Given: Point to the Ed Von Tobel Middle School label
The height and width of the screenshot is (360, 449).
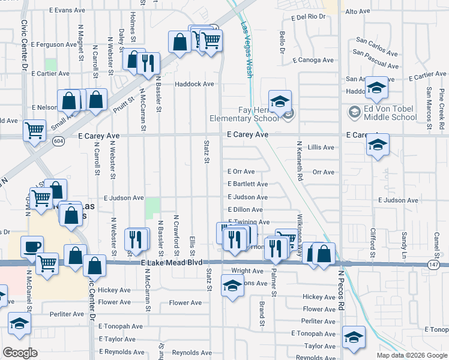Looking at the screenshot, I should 382,113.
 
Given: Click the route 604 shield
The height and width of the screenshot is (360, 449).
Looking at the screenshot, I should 58,140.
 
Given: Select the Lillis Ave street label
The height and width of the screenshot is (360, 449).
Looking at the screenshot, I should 321,147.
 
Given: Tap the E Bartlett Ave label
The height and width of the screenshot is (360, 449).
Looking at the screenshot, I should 247,184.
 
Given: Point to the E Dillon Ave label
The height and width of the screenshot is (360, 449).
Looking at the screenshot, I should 245,209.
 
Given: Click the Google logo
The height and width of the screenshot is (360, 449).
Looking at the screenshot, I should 20,353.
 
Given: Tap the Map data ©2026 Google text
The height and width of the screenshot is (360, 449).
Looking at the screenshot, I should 412,355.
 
